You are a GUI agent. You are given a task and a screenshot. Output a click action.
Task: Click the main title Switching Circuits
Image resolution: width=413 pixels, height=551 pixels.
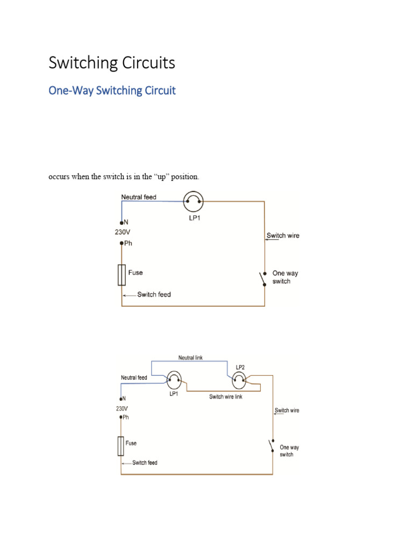pyautogui.click(x=112, y=63)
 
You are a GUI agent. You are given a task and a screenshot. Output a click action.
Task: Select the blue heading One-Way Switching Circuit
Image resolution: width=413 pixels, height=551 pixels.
pyautogui.click(x=112, y=90)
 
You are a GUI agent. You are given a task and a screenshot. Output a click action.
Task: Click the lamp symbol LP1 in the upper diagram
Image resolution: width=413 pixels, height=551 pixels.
pyautogui.click(x=193, y=202)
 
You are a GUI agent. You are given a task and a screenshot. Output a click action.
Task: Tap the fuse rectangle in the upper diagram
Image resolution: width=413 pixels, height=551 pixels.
pyautogui.click(x=122, y=275)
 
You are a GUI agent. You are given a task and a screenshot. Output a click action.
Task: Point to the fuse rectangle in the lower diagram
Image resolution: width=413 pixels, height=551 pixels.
pyautogui.click(x=121, y=446)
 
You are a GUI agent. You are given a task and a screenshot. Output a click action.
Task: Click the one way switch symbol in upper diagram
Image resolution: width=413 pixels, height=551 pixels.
pyautogui.click(x=263, y=279)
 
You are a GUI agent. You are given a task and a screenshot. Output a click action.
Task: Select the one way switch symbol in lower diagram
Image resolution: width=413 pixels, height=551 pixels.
pyautogui.click(x=271, y=446)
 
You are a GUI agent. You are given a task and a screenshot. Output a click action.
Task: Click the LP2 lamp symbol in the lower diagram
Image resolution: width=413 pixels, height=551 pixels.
pyautogui.click(x=240, y=381)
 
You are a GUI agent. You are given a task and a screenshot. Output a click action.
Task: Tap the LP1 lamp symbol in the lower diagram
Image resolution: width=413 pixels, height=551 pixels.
pyautogui.click(x=173, y=381)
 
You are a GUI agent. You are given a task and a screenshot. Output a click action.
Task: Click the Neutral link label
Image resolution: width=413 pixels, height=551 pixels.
pyautogui.click(x=190, y=358)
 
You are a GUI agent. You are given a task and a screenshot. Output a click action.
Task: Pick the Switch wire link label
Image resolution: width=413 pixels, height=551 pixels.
pyautogui.click(x=226, y=397)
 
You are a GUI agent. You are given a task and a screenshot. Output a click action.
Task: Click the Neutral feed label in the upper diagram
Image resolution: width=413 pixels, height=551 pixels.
pyautogui.click(x=139, y=197)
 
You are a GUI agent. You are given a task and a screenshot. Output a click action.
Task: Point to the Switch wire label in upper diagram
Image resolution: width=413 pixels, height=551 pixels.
pyautogui.click(x=283, y=236)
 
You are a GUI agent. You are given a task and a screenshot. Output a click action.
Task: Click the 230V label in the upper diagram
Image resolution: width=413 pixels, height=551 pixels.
pyautogui.click(x=122, y=232)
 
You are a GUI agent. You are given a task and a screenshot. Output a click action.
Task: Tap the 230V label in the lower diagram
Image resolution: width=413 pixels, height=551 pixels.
pyautogui.click(x=122, y=408)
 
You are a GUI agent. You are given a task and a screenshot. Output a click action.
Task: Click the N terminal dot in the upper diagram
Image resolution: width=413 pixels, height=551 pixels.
pyautogui.click(x=122, y=222)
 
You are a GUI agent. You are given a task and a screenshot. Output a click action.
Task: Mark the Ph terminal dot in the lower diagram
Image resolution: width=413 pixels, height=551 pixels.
pyautogui.click(x=121, y=417)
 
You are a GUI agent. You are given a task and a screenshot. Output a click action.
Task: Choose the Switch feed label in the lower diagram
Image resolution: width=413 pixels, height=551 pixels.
pyautogui.click(x=145, y=463)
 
